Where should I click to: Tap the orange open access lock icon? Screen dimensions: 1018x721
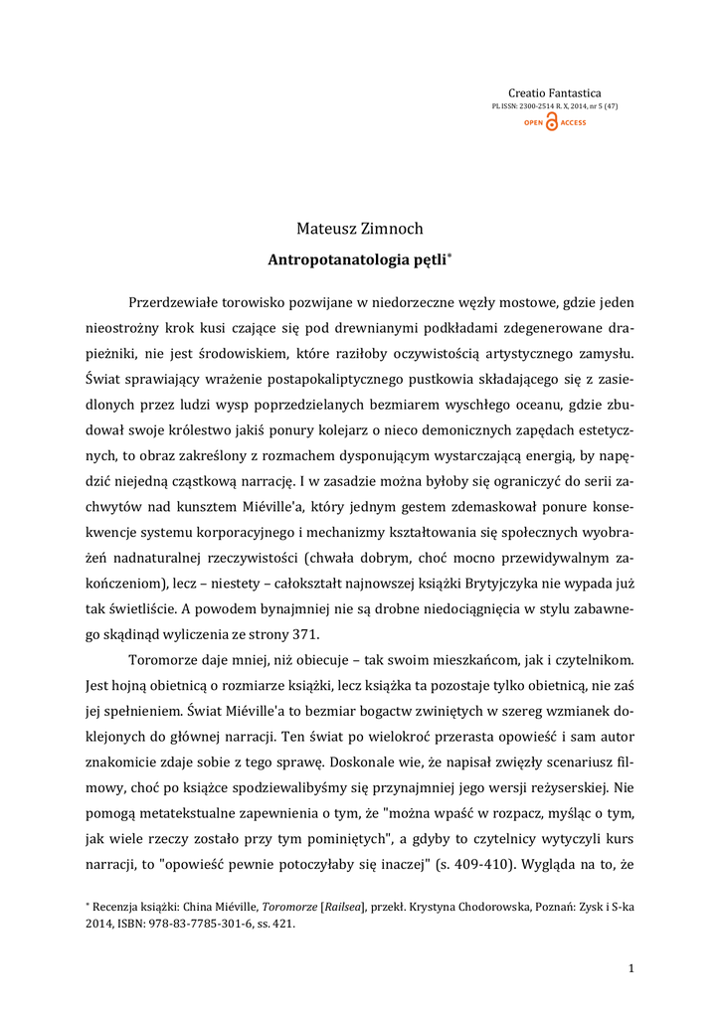pos(553,122)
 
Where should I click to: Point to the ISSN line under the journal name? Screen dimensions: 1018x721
pos(555,105)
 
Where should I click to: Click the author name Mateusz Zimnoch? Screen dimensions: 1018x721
pos(360,230)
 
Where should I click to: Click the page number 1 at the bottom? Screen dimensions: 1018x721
pos(631,967)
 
